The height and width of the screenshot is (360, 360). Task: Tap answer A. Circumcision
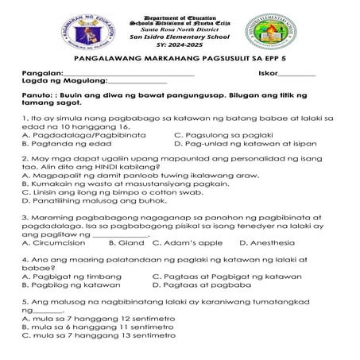pos(56,242)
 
